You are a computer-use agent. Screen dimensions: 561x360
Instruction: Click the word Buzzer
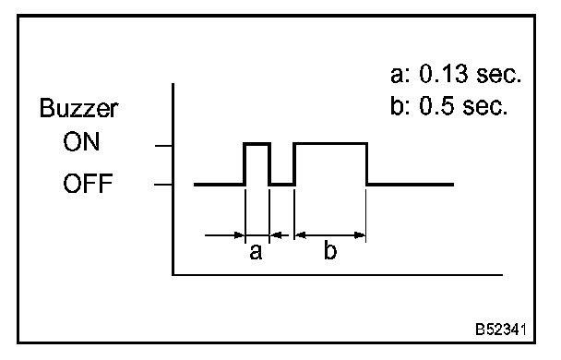(x=78, y=108)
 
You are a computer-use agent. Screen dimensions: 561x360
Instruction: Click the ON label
(x=81, y=142)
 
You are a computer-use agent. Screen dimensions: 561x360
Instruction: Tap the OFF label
(x=88, y=183)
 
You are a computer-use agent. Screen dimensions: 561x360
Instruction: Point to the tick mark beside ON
(x=163, y=146)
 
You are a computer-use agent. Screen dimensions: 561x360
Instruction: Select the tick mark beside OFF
(x=163, y=185)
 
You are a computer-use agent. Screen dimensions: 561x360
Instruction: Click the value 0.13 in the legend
(x=444, y=74)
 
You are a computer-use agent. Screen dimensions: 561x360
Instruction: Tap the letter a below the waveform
(x=256, y=252)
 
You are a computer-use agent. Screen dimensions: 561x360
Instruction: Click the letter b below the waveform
(x=330, y=250)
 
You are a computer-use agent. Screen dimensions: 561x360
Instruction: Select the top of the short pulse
(x=257, y=144)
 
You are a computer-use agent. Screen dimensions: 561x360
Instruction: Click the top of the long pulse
(x=330, y=144)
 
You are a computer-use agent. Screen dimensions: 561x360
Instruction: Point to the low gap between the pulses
(x=282, y=185)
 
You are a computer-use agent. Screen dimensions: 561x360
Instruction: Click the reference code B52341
(x=501, y=330)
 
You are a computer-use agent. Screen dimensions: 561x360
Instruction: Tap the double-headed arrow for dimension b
(x=330, y=235)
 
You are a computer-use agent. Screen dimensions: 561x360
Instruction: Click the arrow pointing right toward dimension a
(x=225, y=235)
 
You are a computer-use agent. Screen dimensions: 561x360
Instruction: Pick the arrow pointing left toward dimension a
(x=279, y=235)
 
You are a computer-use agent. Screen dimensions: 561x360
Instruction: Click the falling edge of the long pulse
(x=367, y=164)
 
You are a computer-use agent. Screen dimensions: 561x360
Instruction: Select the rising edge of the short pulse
(x=245, y=164)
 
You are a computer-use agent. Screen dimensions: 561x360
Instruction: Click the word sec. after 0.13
(x=499, y=75)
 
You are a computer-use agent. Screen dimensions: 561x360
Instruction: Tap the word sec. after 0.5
(x=484, y=107)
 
